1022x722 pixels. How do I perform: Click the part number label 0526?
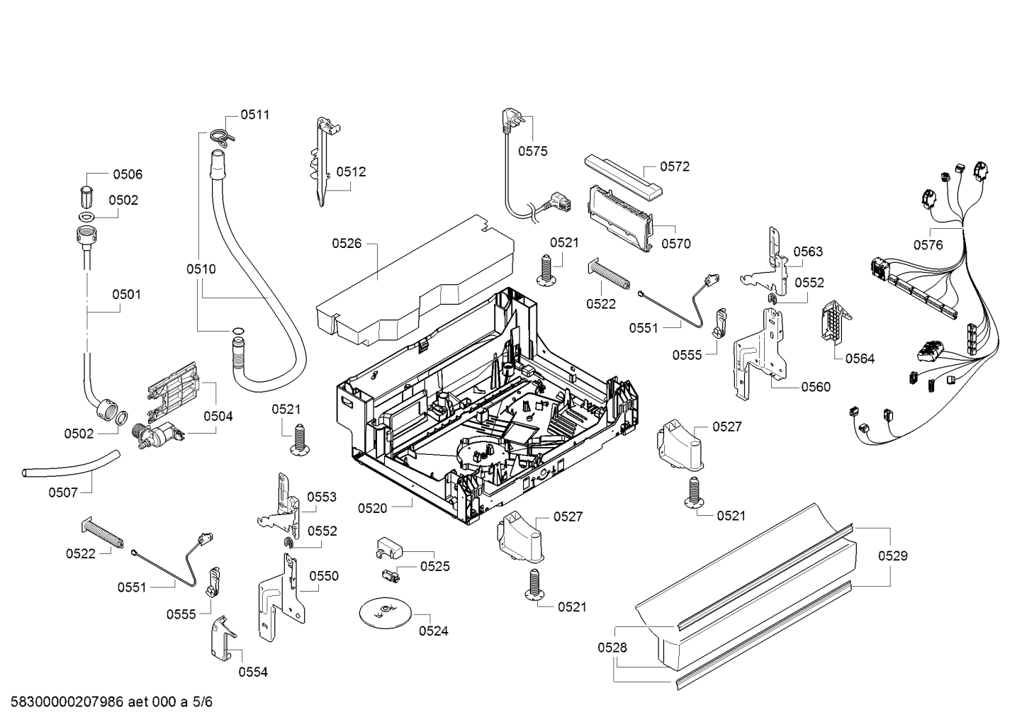tap(347, 244)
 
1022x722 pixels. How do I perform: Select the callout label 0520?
tap(372, 508)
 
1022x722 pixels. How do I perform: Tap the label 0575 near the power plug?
tap(532, 151)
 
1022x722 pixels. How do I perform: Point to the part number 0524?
tap(434, 631)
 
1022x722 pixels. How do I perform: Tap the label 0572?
tap(674, 167)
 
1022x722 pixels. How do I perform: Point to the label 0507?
tap(63, 492)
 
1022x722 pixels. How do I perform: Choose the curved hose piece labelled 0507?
tap(71, 464)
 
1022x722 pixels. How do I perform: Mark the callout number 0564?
tap(860, 359)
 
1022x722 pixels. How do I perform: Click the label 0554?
tap(253, 672)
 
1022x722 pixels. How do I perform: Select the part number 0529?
tap(893, 555)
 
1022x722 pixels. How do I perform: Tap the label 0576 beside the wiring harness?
tap(928, 245)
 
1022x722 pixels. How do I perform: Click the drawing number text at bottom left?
tap(111, 702)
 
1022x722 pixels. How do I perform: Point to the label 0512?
tap(351, 171)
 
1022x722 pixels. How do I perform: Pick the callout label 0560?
tap(816, 387)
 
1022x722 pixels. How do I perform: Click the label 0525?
tap(434, 566)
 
